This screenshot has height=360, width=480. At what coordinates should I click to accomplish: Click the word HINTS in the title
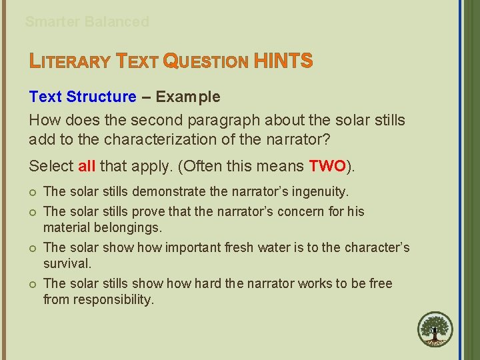click(x=283, y=61)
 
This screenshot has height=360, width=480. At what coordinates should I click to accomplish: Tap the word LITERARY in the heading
click(x=70, y=62)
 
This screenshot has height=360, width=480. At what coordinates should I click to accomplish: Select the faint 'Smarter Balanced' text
click(x=87, y=21)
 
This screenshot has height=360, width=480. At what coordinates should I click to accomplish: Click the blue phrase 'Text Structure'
click(x=83, y=97)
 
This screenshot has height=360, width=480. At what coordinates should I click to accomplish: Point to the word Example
click(x=188, y=97)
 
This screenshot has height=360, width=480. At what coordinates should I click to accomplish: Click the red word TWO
click(x=327, y=165)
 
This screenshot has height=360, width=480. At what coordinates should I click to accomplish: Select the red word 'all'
click(x=87, y=165)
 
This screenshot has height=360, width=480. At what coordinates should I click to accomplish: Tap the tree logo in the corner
click(x=435, y=330)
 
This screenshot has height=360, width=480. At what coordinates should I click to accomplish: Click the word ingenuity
click(x=319, y=192)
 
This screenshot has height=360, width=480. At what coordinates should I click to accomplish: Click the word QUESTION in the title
click(x=206, y=62)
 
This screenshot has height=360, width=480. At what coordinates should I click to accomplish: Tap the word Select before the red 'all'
click(x=51, y=165)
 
